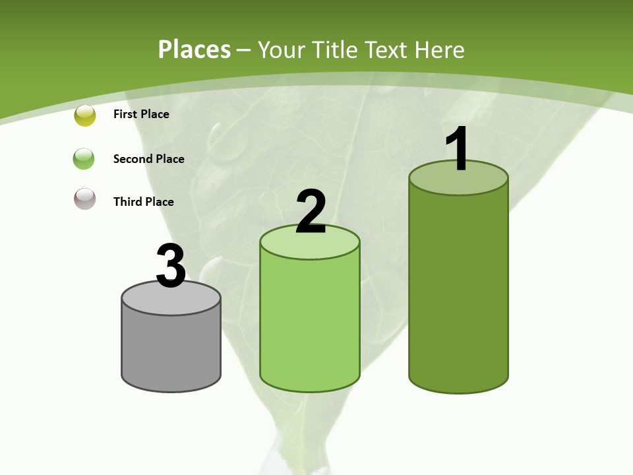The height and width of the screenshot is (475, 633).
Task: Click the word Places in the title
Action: pyautogui.click(x=195, y=49)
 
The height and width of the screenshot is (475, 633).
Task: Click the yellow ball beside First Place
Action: pyautogui.click(x=85, y=115)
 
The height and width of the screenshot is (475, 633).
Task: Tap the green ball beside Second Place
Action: pyautogui.click(x=84, y=159)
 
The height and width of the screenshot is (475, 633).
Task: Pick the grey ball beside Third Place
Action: pyautogui.click(x=85, y=199)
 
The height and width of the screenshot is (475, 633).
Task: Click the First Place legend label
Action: pyautogui.click(x=141, y=114)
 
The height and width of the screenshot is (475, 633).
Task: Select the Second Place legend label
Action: pyautogui.click(x=148, y=159)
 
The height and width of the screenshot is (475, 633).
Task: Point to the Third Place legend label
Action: pyautogui.click(x=143, y=202)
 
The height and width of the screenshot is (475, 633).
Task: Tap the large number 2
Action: pyautogui.click(x=311, y=212)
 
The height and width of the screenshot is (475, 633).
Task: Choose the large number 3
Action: pyautogui.click(x=171, y=266)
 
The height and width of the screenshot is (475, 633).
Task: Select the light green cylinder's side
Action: pyautogui.click(x=310, y=323)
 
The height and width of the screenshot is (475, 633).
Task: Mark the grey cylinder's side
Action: pyautogui.click(x=171, y=350)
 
